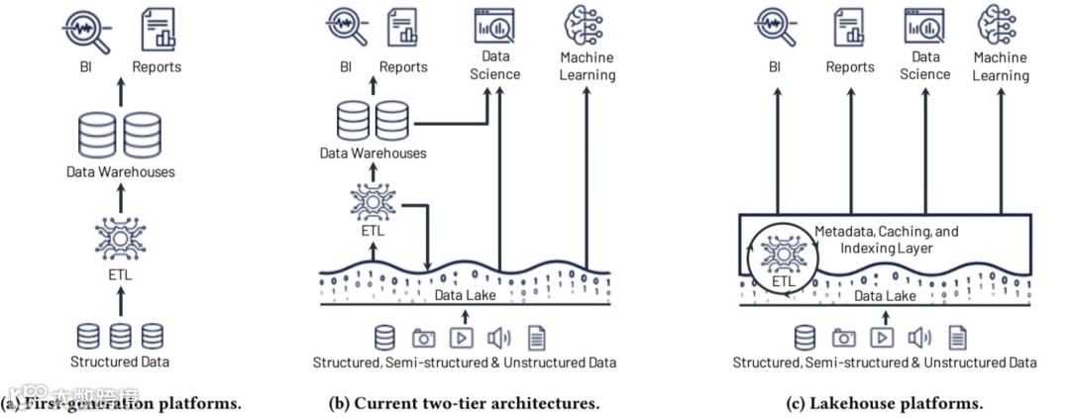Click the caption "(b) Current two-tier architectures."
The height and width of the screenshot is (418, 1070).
pos(465,403)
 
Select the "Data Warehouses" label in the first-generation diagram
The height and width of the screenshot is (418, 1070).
pos(120,172)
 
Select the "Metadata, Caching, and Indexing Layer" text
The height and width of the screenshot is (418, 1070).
pos(887,239)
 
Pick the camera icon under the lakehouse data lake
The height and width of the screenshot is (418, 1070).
pos(844,337)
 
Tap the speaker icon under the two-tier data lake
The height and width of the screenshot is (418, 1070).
pos(500,337)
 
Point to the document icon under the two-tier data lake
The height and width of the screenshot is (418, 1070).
pos(536,337)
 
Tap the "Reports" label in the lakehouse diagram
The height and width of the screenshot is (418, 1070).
pos(851,67)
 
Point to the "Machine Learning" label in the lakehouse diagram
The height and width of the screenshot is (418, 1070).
pos(1001,66)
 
